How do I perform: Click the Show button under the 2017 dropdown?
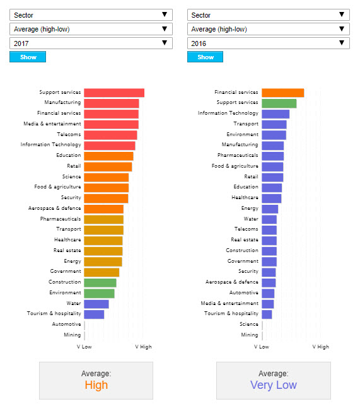click(x=28, y=57)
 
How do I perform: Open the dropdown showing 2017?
click(x=91, y=43)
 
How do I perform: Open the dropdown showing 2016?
click(x=269, y=43)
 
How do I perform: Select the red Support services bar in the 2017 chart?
click(x=114, y=93)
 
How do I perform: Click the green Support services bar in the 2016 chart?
click(x=279, y=103)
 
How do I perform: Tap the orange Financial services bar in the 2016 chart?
click(x=283, y=93)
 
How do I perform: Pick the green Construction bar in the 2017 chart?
click(x=100, y=283)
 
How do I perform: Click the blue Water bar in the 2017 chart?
click(x=96, y=304)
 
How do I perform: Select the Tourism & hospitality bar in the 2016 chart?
click(x=267, y=314)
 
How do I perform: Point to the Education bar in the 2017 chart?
click(x=108, y=156)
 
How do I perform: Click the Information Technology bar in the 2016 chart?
click(x=276, y=114)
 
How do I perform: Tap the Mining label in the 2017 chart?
click(x=73, y=335)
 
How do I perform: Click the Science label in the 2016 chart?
click(x=249, y=324)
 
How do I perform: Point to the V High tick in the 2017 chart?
click(x=143, y=347)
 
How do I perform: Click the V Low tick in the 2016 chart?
click(x=262, y=347)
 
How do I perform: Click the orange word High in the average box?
click(x=96, y=385)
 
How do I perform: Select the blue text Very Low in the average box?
click(x=274, y=385)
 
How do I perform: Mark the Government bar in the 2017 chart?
click(x=102, y=272)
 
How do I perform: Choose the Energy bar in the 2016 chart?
click(x=270, y=209)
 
